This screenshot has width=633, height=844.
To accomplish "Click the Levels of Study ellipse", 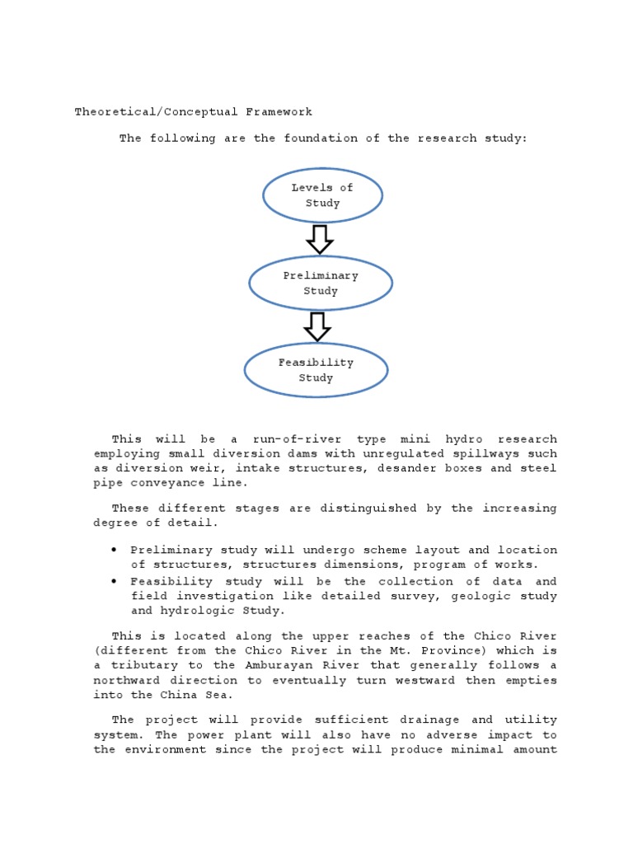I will click(322, 195).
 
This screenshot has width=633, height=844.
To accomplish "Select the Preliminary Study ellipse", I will click(321, 284).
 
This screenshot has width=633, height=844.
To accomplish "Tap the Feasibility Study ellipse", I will click(316, 370).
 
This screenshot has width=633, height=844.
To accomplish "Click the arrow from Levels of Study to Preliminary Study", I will click(319, 240).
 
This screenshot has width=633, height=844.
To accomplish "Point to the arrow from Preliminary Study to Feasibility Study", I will click(317, 326).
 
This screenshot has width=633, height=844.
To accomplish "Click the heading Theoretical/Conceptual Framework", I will click(194, 111).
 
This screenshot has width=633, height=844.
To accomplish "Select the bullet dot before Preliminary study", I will click(113, 550).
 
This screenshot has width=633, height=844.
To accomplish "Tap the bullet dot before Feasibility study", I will click(113, 580).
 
